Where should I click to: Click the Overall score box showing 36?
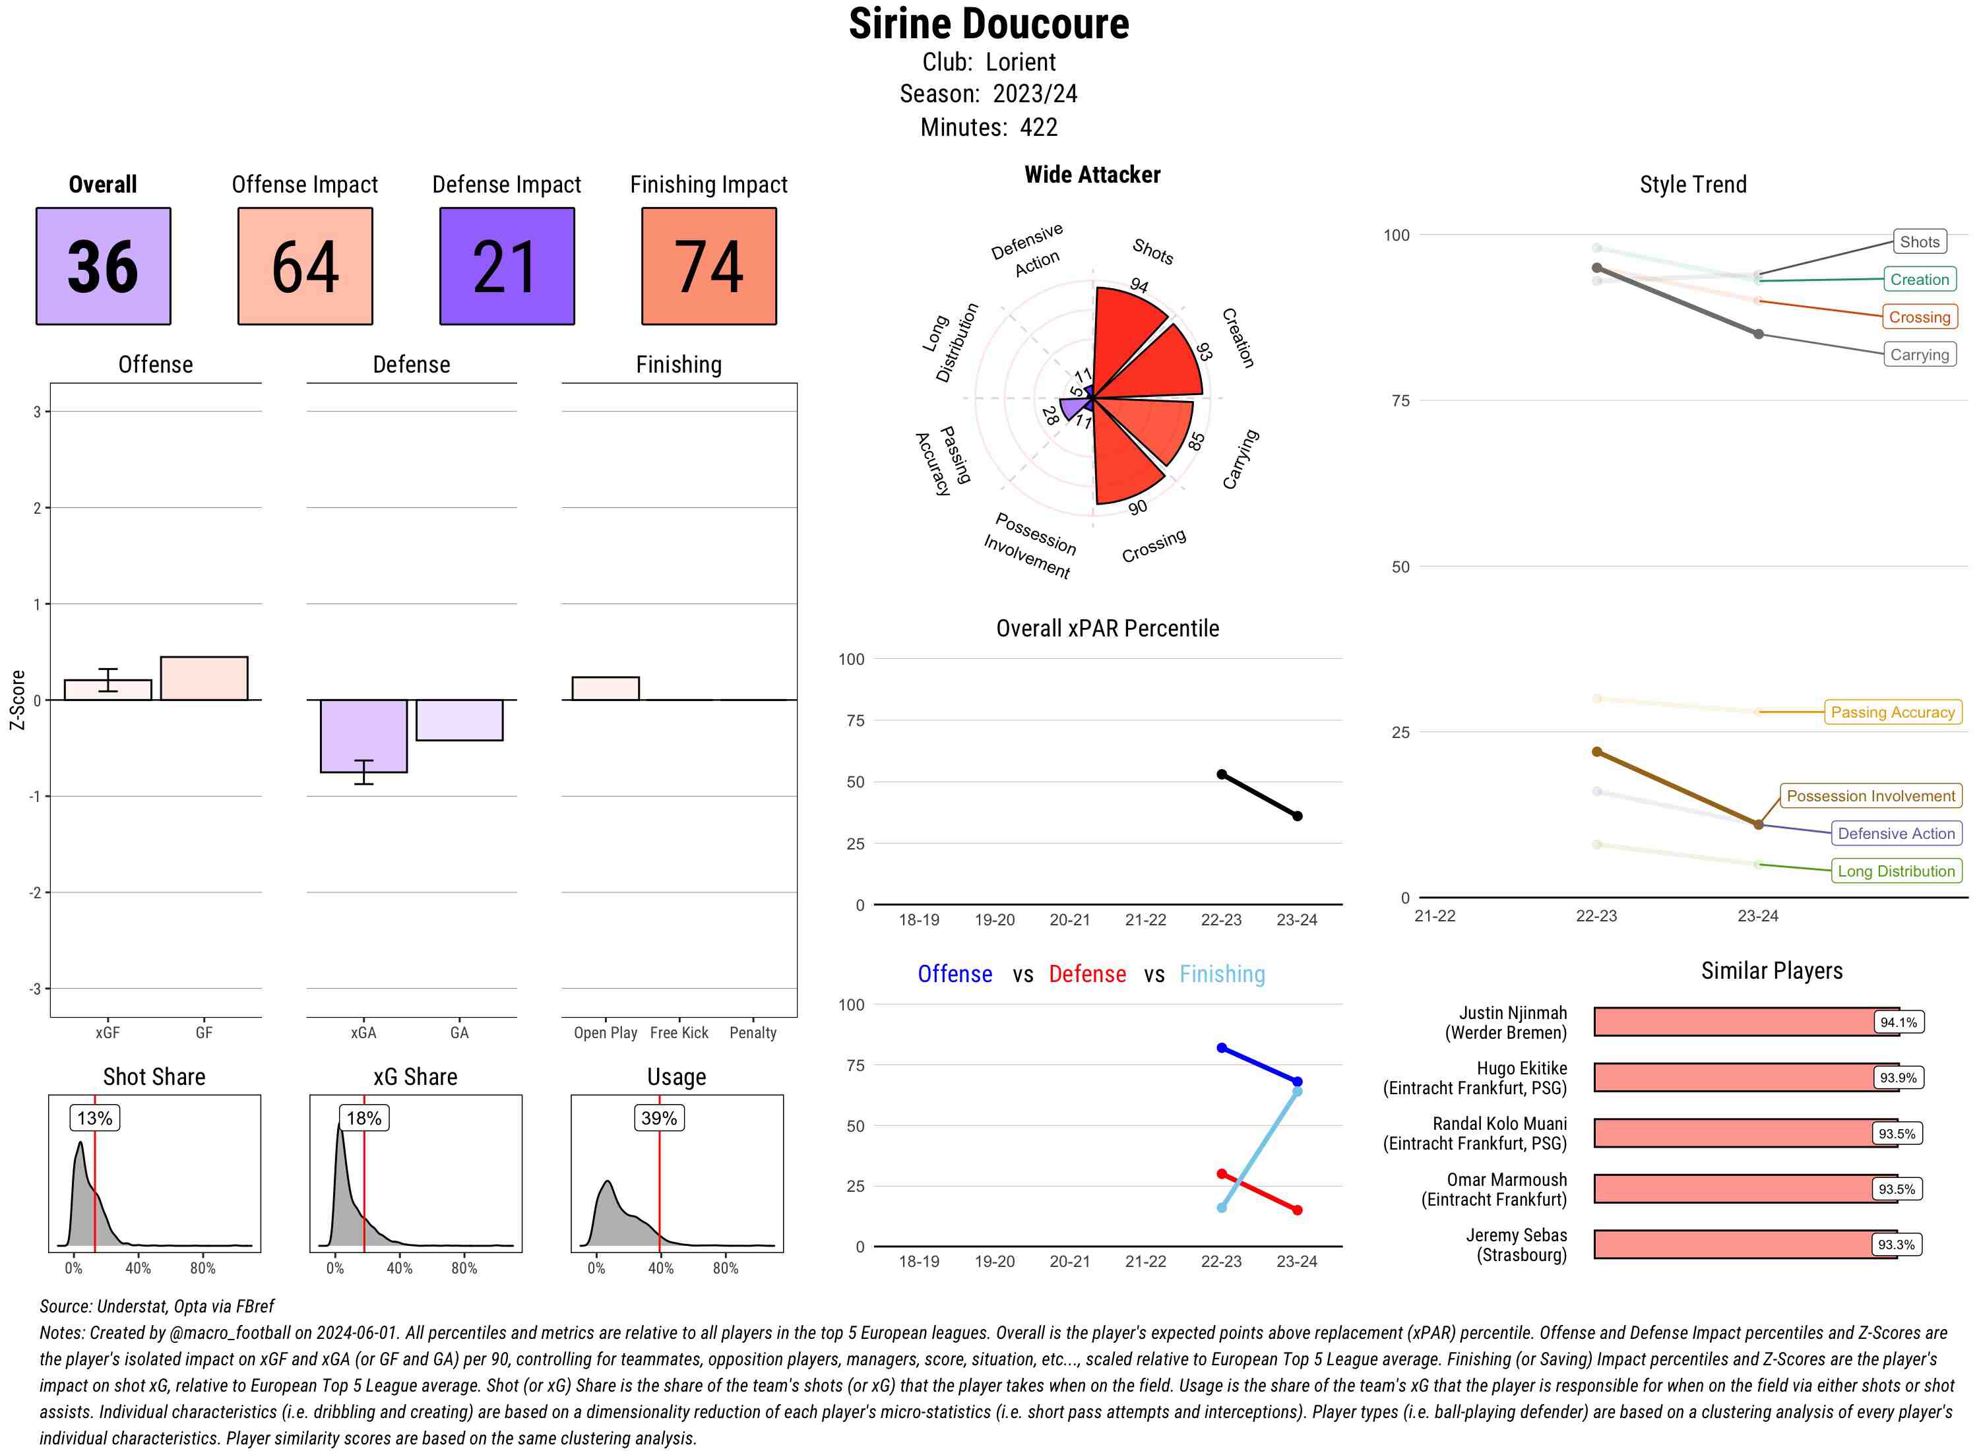[x=103, y=266]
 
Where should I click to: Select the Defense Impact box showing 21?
[x=507, y=266]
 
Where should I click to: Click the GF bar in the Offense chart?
[x=204, y=678]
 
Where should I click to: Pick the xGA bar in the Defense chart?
[x=363, y=735]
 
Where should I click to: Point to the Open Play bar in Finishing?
[x=605, y=689]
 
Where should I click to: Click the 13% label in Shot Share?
[x=95, y=1118]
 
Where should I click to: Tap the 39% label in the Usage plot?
[x=659, y=1118]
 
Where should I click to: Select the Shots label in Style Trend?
[x=1918, y=241]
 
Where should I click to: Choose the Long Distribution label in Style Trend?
[x=1896, y=871]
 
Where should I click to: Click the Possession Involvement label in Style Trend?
[x=1870, y=796]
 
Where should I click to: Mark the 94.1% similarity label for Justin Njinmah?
[x=1897, y=1022]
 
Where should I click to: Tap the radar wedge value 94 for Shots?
[x=1139, y=286]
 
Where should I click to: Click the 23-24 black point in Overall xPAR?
[x=1296, y=816]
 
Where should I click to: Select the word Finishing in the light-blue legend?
[x=1222, y=974]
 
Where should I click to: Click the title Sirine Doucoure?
[x=988, y=24]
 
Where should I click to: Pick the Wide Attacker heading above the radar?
[x=1092, y=175]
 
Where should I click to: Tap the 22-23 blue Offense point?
[x=1221, y=1048]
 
